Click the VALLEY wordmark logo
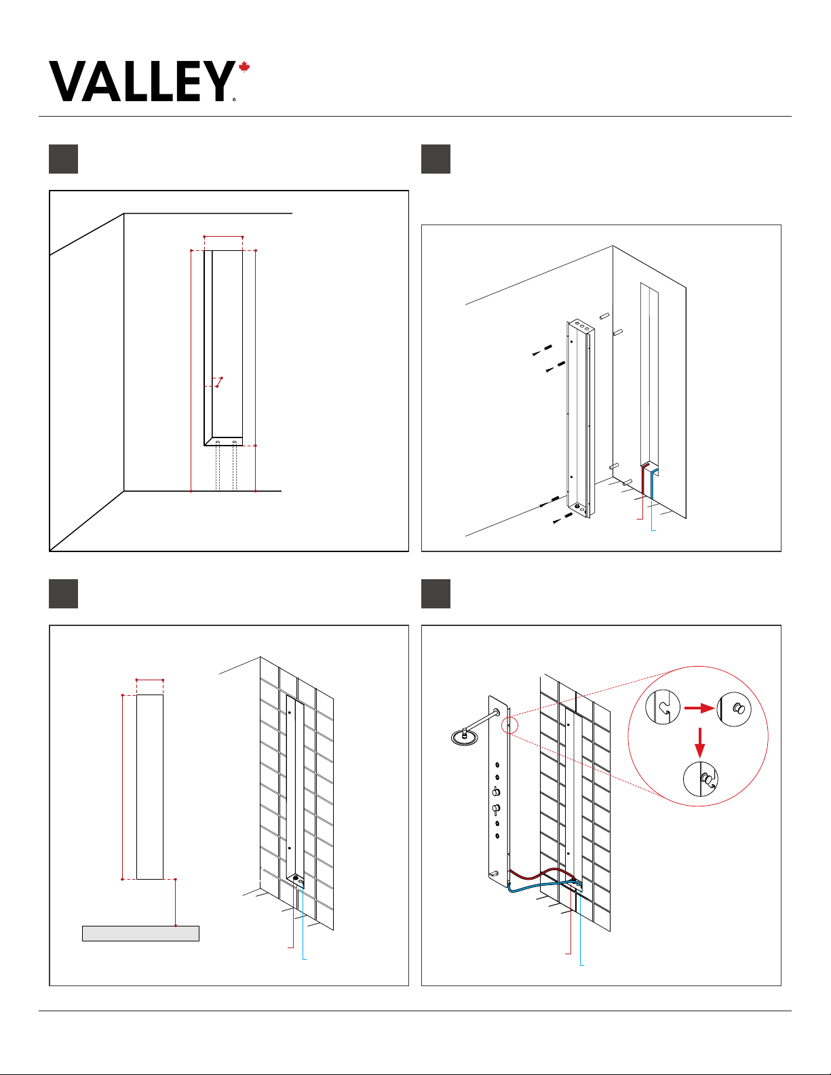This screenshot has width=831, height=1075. pos(142,81)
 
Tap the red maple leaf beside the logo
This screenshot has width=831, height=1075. pos(244,67)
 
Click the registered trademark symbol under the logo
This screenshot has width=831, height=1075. pos(234,100)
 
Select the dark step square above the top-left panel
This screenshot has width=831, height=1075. pos(63,159)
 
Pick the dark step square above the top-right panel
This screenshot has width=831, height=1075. pos(436,159)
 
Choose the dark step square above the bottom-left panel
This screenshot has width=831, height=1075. pos(63,593)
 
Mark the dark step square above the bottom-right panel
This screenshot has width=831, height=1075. pos(436,593)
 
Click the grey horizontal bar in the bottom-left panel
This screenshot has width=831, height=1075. pos(140,933)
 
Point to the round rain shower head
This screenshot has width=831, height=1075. pos(464,737)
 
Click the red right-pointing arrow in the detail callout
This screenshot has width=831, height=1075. pos(699,709)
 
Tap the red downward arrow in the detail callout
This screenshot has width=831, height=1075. pos(699,743)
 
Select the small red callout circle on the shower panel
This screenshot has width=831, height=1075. pos(509,726)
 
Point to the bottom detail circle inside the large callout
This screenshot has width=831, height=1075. pos(700,779)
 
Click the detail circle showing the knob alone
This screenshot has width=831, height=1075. pos(734,709)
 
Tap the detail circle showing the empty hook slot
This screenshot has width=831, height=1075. pos(663,707)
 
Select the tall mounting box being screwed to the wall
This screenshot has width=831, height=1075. pos(580,418)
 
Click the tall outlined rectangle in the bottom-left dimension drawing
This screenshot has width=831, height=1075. pos(150,787)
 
